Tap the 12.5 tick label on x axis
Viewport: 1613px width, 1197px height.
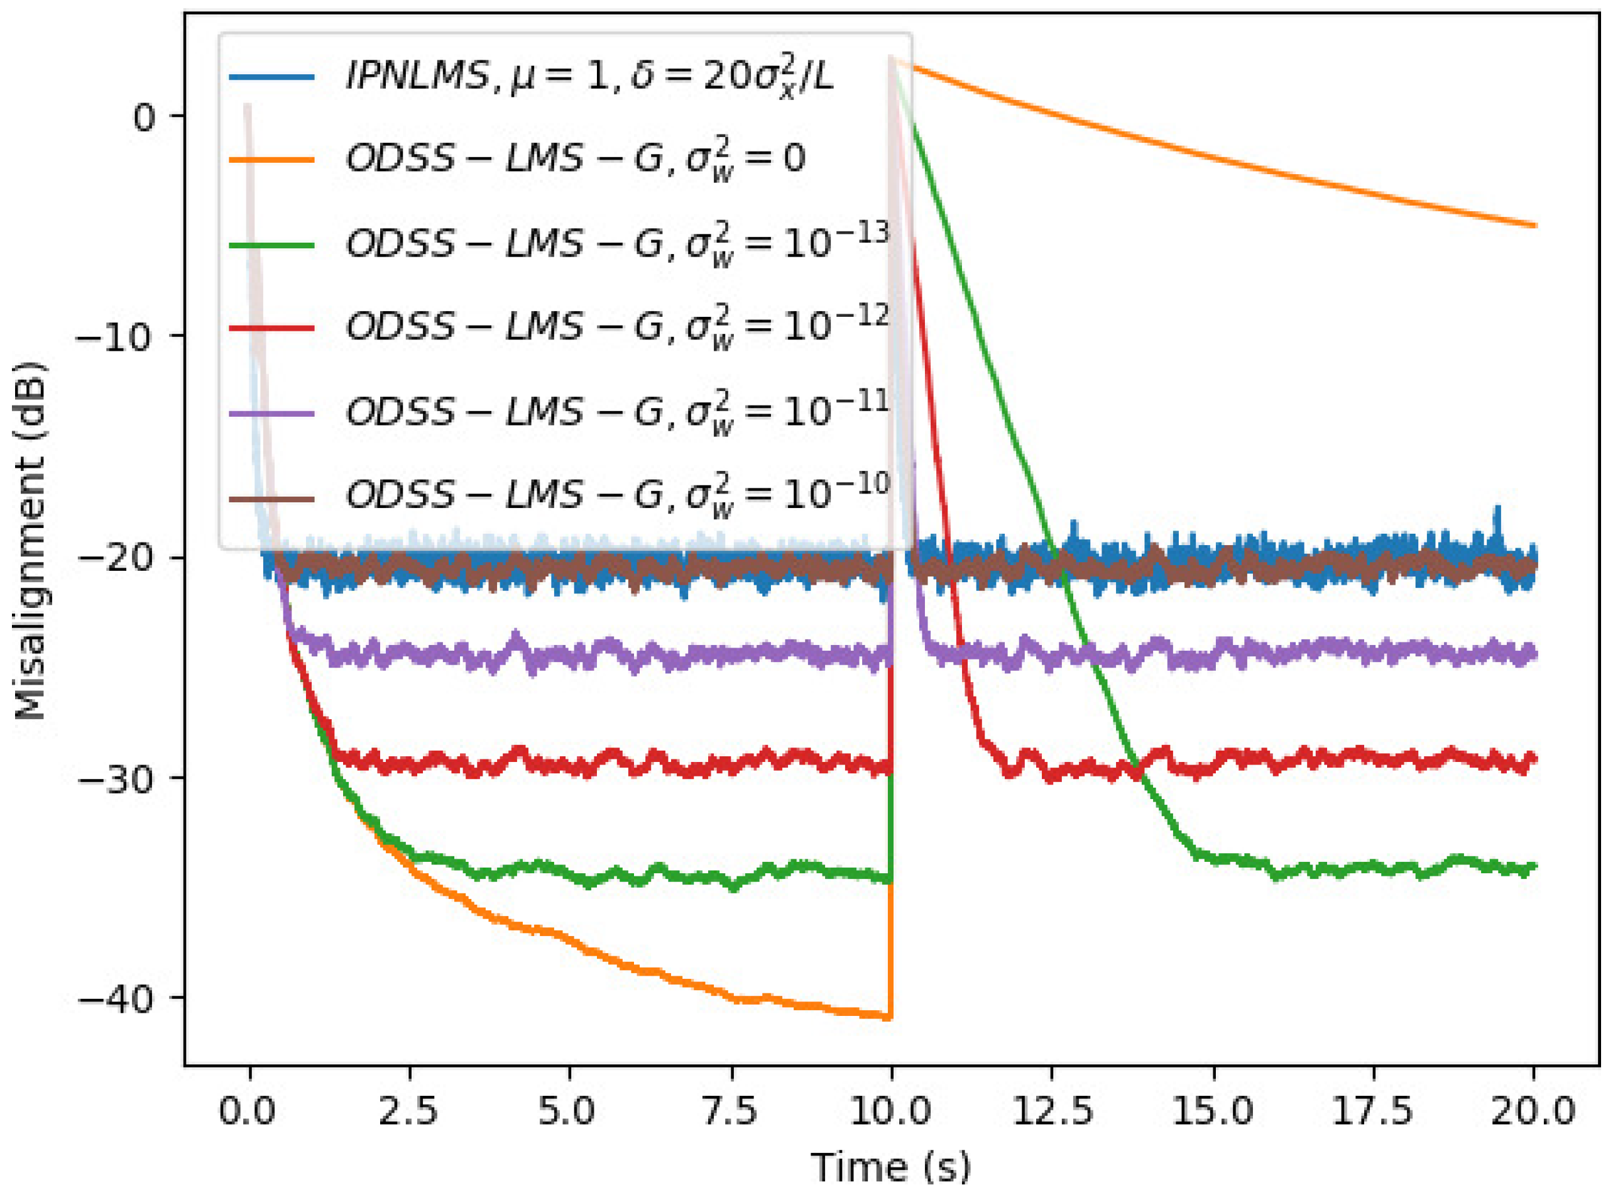pos(1052,1111)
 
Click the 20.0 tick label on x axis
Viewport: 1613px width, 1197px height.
pos(1533,1111)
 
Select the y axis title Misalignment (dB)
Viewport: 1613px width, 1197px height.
pos(30,540)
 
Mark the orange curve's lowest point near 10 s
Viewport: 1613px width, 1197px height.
pos(889,1017)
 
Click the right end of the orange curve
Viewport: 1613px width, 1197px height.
pos(1534,225)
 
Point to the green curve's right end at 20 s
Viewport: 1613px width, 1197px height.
pos(1533,866)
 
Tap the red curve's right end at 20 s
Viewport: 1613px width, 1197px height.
pos(1533,759)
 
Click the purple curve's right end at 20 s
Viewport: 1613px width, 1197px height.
pos(1533,654)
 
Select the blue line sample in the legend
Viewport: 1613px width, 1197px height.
pos(271,76)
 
